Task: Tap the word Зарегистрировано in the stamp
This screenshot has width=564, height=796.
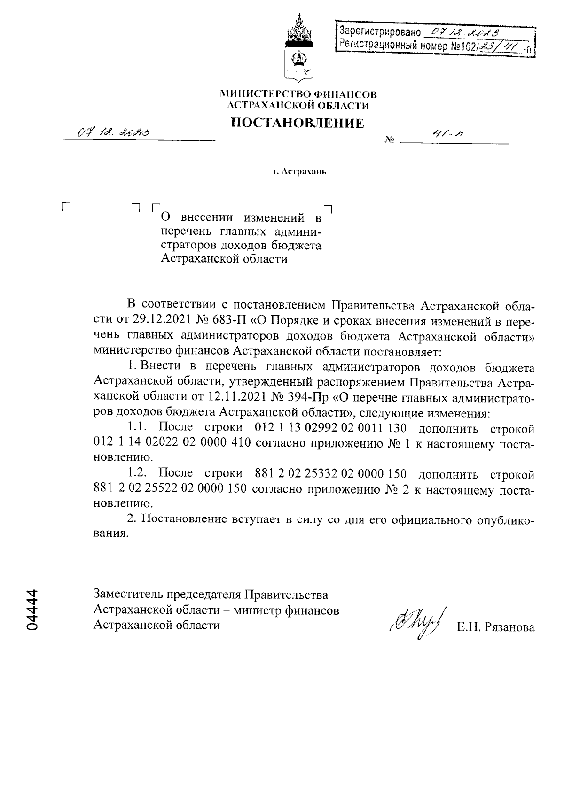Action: pyautogui.click(x=379, y=32)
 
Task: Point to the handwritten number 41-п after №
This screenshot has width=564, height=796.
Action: pyautogui.click(x=442, y=134)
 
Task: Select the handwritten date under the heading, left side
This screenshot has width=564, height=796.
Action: pyautogui.click(x=113, y=133)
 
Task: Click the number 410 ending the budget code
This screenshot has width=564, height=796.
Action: pyautogui.click(x=243, y=443)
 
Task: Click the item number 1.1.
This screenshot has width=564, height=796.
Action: pyautogui.click(x=139, y=428)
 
